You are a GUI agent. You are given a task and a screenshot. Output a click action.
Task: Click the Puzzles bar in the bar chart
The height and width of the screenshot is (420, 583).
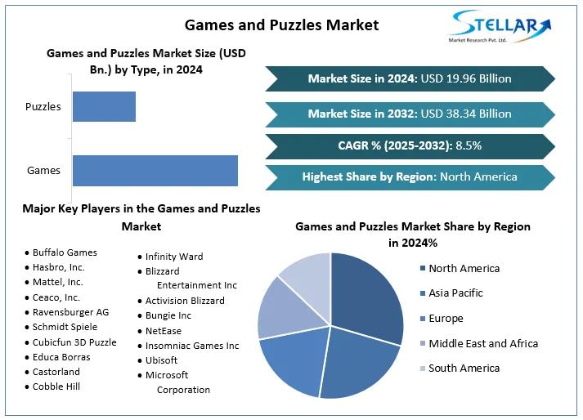[x=104, y=106]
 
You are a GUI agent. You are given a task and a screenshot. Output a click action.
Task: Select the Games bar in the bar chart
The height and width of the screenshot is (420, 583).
[x=155, y=170]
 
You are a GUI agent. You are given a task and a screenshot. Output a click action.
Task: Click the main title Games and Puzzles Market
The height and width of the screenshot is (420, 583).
[x=281, y=25]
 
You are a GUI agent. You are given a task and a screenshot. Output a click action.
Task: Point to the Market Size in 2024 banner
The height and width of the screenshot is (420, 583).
[x=410, y=78]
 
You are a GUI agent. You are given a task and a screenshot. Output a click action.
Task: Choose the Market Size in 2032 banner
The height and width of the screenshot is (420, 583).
[x=410, y=114]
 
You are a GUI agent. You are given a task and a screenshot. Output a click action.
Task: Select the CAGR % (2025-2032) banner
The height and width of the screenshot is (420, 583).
[x=410, y=145]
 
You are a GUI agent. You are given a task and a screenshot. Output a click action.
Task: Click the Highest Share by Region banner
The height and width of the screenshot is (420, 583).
[x=410, y=176]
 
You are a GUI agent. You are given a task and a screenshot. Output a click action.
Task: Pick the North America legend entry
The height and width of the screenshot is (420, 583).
[x=463, y=268]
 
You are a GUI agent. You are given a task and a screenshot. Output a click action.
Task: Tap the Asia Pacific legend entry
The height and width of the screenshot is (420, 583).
[x=455, y=293]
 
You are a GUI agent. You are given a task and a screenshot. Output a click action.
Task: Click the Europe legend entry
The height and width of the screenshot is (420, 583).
[x=445, y=318]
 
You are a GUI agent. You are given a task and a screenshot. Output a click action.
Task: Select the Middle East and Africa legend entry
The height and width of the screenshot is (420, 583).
[x=482, y=343]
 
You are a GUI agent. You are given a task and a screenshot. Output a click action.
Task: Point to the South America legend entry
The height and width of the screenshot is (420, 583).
[x=463, y=368]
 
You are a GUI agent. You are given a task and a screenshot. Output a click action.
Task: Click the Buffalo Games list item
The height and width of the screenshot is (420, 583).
[x=65, y=252]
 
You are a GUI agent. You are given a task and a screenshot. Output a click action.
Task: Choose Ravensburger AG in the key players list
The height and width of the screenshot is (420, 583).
[x=70, y=312]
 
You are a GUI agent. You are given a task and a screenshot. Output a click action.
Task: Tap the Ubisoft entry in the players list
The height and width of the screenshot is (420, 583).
[x=161, y=360]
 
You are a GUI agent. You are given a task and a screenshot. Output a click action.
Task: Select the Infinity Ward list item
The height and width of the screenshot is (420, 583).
[x=174, y=257]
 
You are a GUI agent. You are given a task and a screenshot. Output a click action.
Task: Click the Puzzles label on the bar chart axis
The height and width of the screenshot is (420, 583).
[x=43, y=106]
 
